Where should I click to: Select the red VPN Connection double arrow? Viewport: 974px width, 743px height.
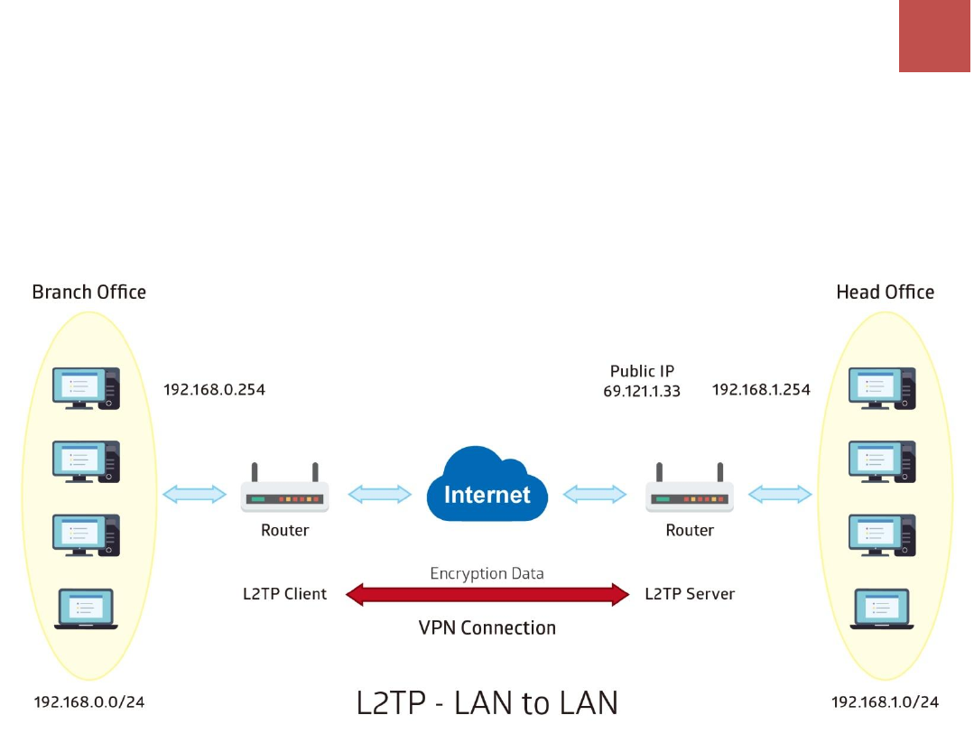487,595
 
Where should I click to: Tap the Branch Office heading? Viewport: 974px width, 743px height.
88,292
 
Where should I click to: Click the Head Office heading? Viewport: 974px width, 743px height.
886,292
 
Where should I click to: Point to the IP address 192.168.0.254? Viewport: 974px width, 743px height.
214,389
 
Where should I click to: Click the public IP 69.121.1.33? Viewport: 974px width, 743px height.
642,391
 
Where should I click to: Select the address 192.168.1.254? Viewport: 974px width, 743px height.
761,389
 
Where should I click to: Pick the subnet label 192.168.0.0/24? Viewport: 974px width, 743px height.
88,702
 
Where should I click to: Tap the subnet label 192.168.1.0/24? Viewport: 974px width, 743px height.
886,702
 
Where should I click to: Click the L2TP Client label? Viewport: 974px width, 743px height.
284,594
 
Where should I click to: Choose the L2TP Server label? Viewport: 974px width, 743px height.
690,594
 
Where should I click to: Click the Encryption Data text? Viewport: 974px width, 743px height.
487,573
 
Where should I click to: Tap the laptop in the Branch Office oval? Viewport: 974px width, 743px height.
86,608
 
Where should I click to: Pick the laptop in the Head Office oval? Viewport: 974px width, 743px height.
881,608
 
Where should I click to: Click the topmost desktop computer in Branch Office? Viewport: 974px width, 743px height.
86,388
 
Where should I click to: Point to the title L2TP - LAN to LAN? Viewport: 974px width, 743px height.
487,703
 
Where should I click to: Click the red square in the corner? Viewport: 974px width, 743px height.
934,36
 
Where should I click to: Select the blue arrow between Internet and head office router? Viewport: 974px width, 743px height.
595,495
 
